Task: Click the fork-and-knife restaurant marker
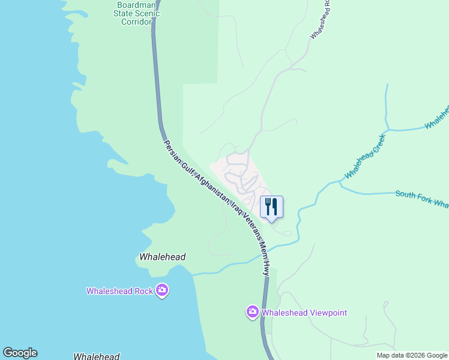271,207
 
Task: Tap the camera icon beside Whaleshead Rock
161,291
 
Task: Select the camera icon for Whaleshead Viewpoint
253,312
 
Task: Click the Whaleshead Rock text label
119,292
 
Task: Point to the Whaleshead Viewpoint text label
305,313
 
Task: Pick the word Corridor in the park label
137,22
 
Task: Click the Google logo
20,353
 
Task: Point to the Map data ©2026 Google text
412,355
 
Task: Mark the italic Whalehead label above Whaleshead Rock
162,257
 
